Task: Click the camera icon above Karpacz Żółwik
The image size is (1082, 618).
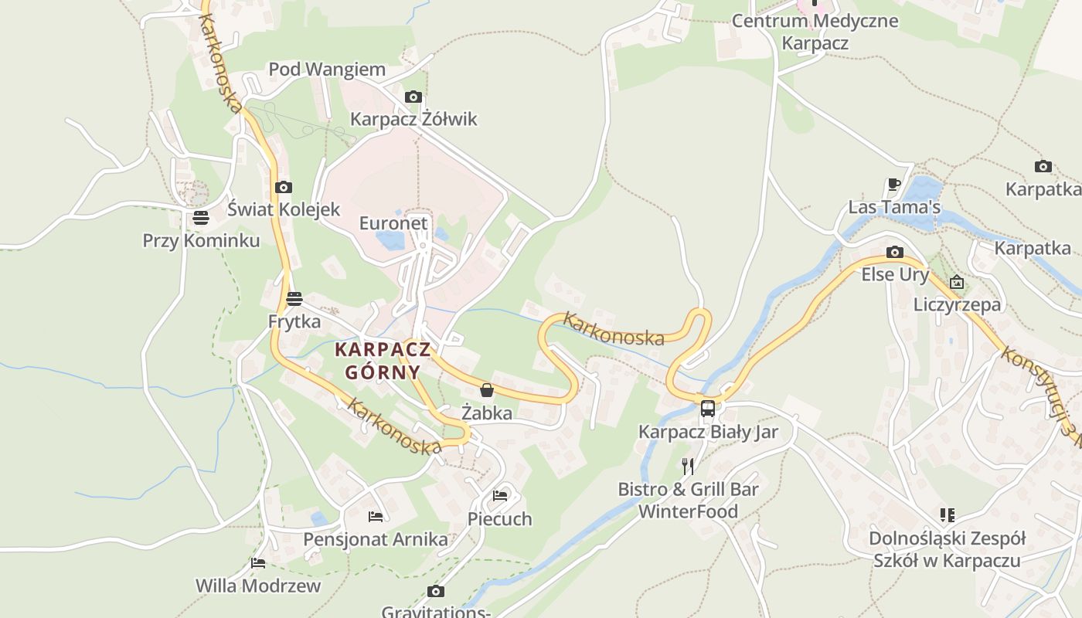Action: pyautogui.click(x=413, y=97)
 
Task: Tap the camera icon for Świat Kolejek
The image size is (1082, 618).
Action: pyautogui.click(x=284, y=187)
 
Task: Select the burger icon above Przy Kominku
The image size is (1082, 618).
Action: pyautogui.click(x=201, y=218)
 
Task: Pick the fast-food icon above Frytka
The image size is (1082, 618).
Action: pyautogui.click(x=294, y=299)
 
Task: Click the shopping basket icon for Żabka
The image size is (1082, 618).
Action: pyautogui.click(x=487, y=390)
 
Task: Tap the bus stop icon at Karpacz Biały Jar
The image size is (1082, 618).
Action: pyautogui.click(x=707, y=408)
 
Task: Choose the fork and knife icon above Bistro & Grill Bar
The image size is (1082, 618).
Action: pyautogui.click(x=688, y=466)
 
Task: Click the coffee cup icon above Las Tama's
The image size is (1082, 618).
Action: pyautogui.click(x=893, y=184)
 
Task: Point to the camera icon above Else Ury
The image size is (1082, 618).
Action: pyautogui.click(x=895, y=252)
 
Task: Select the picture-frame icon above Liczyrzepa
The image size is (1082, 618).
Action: pyautogui.click(x=957, y=282)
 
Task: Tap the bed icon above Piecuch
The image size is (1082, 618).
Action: pyautogui.click(x=500, y=495)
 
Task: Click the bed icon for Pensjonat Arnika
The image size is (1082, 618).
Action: pyautogui.click(x=376, y=516)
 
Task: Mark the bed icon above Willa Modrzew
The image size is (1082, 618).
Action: pyautogui.click(x=258, y=563)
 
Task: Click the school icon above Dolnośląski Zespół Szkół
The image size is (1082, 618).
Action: pyautogui.click(x=947, y=514)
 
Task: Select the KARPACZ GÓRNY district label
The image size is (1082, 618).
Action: pyautogui.click(x=383, y=361)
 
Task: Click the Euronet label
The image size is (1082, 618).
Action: pyautogui.click(x=393, y=223)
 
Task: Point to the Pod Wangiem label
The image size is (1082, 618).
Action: pyautogui.click(x=327, y=70)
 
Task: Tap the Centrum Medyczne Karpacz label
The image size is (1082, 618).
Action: pyautogui.click(x=815, y=32)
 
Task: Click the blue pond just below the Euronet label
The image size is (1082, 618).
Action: pyautogui.click(x=391, y=241)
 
